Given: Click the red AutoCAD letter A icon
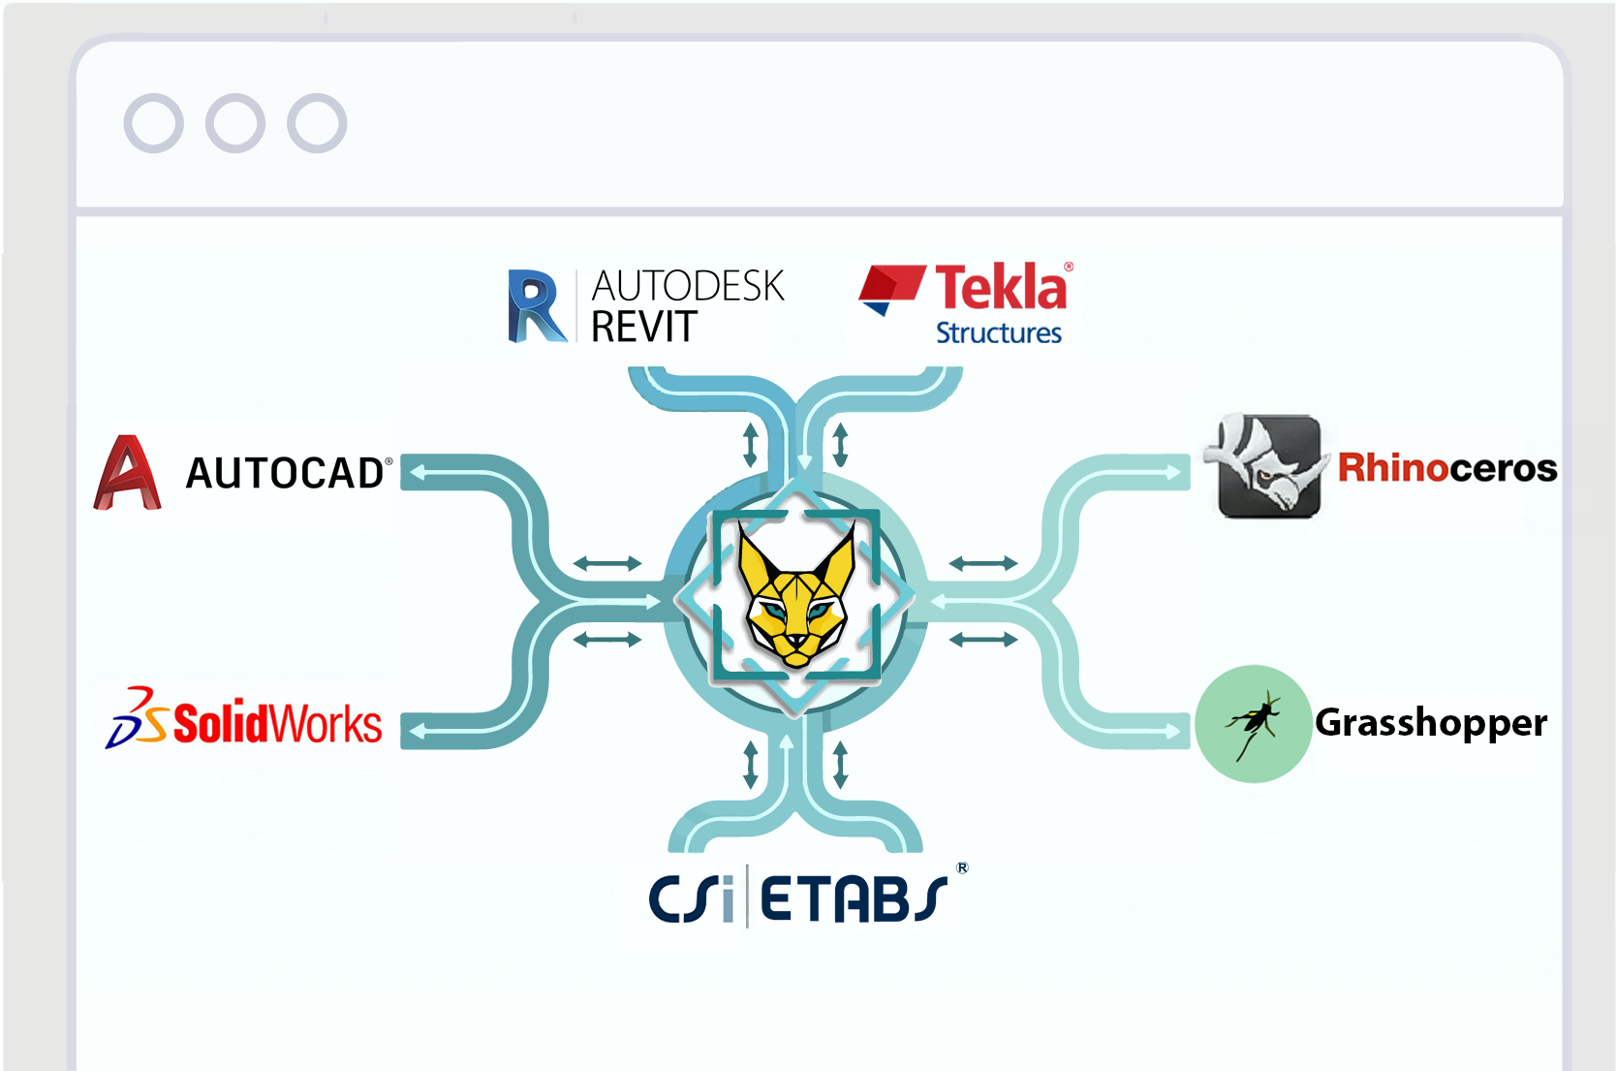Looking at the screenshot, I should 127,473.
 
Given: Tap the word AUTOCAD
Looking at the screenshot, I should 285,473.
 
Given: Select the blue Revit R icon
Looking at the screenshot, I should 536,306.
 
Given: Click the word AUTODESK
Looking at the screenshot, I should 687,286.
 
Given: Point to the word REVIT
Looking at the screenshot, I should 643,327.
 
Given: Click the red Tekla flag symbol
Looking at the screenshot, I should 890,288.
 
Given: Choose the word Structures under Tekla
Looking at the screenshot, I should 998,332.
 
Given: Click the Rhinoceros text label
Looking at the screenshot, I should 1446,468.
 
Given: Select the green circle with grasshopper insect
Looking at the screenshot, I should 1253,723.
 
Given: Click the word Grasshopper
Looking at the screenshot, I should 1430,723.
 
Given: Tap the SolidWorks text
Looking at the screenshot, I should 277,724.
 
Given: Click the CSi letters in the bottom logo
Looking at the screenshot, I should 691,898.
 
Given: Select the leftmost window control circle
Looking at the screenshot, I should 153,123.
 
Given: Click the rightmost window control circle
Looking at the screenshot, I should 317,123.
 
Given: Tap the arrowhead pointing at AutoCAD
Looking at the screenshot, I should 418,473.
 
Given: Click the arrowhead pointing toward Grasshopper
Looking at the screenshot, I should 1174,732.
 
